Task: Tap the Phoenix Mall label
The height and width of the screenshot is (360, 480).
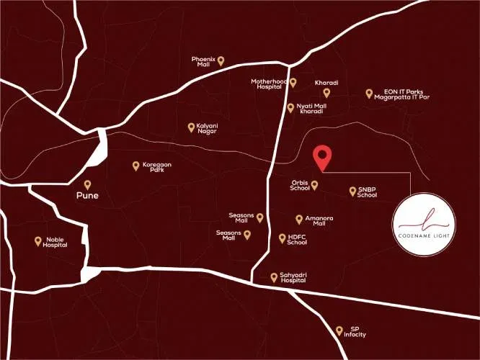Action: (x=204, y=61)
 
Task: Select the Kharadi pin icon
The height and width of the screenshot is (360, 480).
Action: (x=326, y=92)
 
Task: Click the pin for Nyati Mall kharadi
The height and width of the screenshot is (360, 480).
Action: (x=290, y=107)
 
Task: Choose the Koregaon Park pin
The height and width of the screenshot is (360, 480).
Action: (x=135, y=166)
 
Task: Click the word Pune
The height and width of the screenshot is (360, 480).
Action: (x=88, y=195)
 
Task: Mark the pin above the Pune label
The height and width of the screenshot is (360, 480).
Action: (x=88, y=184)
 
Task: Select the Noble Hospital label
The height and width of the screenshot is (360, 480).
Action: (x=55, y=242)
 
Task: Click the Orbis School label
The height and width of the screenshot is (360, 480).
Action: (x=301, y=185)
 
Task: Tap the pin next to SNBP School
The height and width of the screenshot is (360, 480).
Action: (x=352, y=192)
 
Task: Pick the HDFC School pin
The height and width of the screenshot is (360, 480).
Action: (x=281, y=238)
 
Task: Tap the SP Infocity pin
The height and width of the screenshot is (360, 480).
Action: (x=339, y=330)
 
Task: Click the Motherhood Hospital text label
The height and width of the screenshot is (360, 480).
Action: (x=269, y=84)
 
